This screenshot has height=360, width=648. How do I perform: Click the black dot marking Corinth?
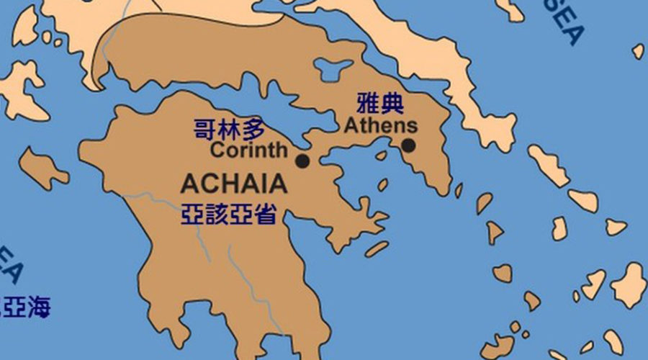[302, 161]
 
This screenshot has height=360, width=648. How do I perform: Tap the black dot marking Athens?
[408, 145]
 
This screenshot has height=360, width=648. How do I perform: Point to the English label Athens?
[380, 125]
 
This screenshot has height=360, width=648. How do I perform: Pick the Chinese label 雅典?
[380, 104]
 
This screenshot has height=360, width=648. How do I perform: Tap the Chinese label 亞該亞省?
[228, 214]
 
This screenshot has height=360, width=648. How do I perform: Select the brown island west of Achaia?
[43, 166]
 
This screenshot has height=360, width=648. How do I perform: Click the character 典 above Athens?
[392, 104]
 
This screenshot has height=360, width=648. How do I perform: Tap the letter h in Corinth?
[280, 151]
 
